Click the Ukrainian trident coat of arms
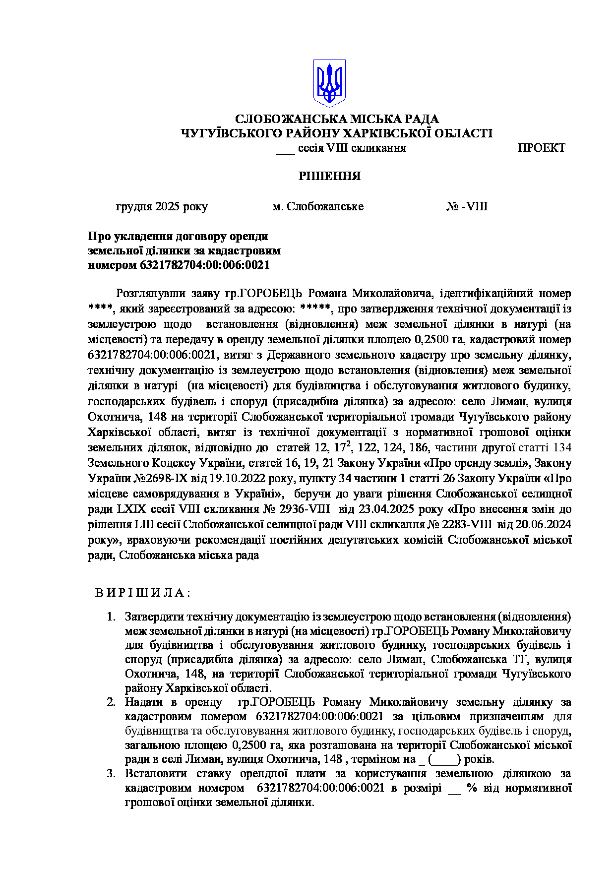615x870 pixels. pyautogui.click(x=329, y=83)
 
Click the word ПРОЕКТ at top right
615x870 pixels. pyautogui.click(x=541, y=148)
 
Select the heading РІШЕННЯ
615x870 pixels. pyautogui.click(x=329, y=176)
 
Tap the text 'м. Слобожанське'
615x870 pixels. pyautogui.click(x=318, y=206)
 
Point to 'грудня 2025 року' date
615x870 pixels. pyautogui.click(x=162, y=206)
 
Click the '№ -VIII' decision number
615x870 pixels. pyautogui.click(x=467, y=206)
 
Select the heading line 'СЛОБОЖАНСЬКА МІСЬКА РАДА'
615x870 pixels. pyautogui.click(x=337, y=119)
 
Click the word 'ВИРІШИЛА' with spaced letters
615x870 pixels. pyautogui.click(x=143, y=593)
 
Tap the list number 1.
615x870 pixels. pyautogui.click(x=111, y=617)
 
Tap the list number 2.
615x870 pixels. pyautogui.click(x=111, y=702)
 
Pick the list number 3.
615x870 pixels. pyautogui.click(x=111, y=773)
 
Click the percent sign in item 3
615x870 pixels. pyautogui.click(x=472, y=788)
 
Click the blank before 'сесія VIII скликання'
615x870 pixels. pyautogui.click(x=285, y=149)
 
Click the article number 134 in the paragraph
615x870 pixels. pyautogui.click(x=562, y=448)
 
